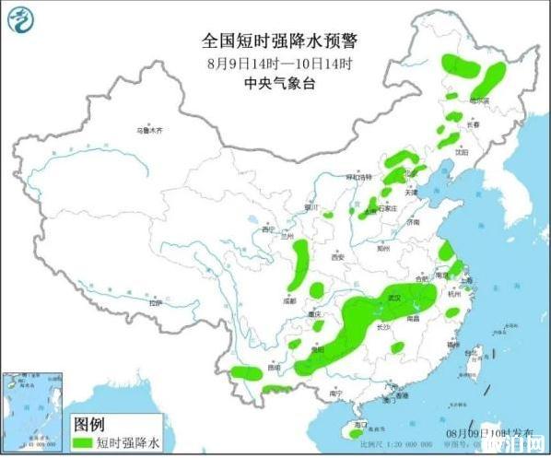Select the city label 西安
click(x=337, y=257)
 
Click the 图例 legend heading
click(x=89, y=425)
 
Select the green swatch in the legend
click(x=83, y=443)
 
